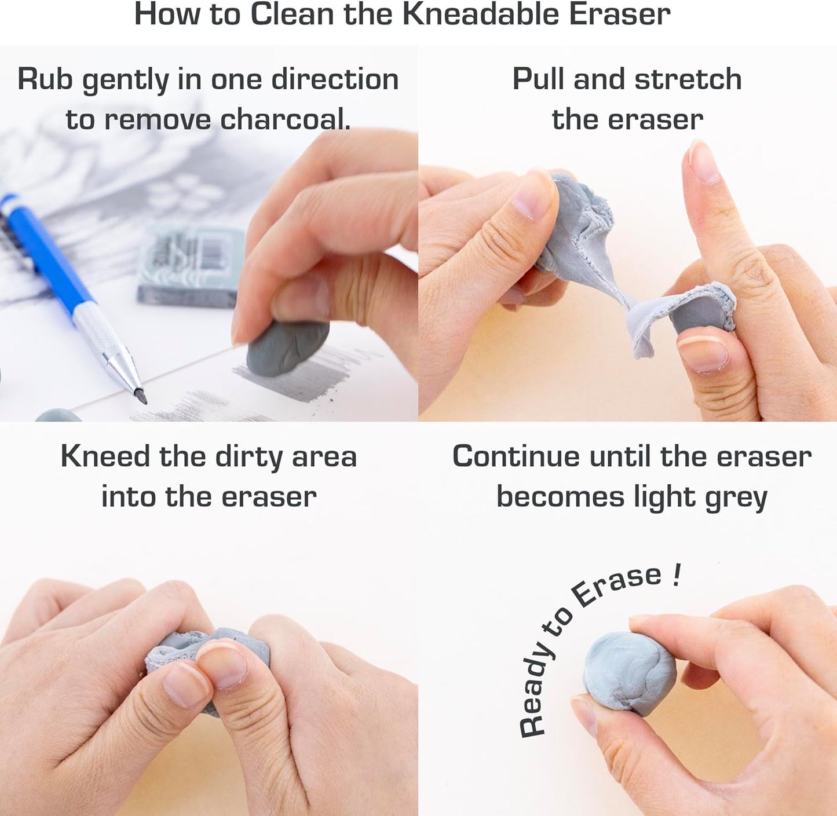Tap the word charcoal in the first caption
285,119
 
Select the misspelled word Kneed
105,456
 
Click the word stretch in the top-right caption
688,79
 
